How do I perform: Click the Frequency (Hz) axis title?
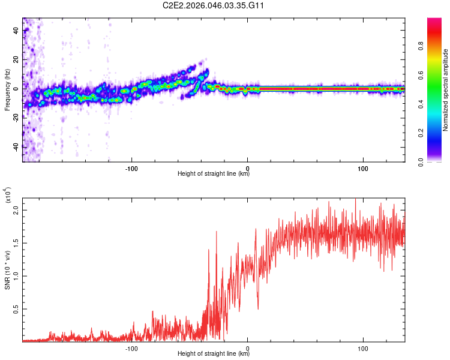[x=8, y=89]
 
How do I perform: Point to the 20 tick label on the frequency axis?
[x=16, y=59]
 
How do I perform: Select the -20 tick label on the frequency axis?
[x=16, y=118]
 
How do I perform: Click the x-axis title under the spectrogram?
[x=214, y=174]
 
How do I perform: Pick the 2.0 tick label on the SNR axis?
[x=14, y=211]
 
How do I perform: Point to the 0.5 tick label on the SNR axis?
[x=14, y=308]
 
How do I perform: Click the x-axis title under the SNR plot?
[x=214, y=354]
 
